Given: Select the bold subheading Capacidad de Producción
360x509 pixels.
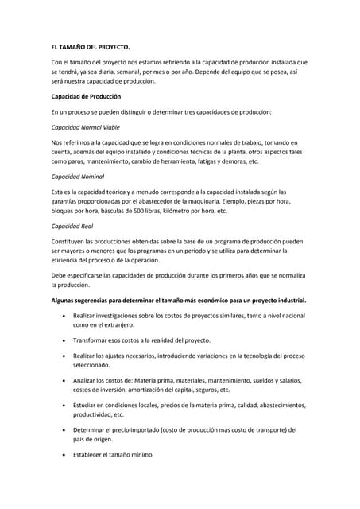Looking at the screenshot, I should point(87,97).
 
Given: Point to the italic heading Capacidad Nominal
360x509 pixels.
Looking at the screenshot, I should point(77,177).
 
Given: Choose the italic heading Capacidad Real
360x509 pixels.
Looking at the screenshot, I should point(72,226).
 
